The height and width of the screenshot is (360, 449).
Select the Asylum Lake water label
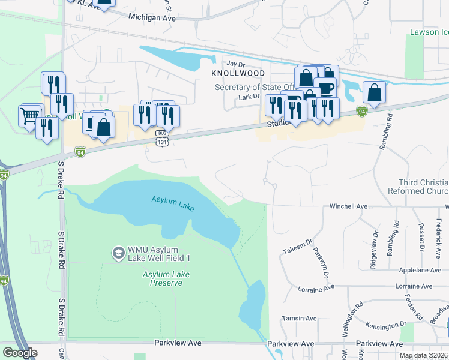click(173, 203)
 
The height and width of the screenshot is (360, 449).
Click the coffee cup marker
click(326, 88)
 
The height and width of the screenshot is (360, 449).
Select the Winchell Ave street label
click(348, 206)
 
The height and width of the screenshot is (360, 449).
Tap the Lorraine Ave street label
click(316, 289)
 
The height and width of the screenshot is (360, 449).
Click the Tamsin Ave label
click(303, 319)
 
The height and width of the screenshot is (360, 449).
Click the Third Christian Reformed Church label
click(423, 187)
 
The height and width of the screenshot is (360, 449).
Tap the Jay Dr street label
click(236, 64)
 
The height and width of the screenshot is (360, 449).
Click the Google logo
click(20, 353)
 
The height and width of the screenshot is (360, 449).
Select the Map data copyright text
click(423, 355)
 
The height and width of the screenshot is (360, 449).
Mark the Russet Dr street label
click(422, 238)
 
